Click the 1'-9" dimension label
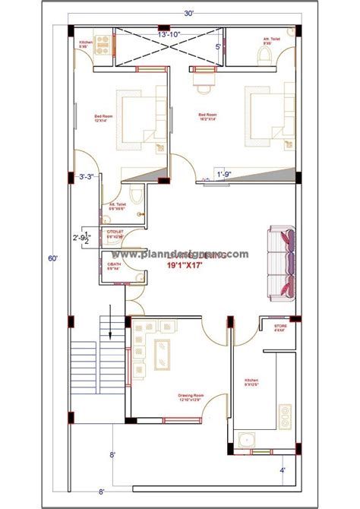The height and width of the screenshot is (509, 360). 224,174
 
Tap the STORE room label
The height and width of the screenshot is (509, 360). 281,327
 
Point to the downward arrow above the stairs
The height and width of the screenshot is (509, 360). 112,318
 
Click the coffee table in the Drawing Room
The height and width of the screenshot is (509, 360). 163,353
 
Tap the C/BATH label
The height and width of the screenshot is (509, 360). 115,266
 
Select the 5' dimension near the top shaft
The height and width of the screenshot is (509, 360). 218,47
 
